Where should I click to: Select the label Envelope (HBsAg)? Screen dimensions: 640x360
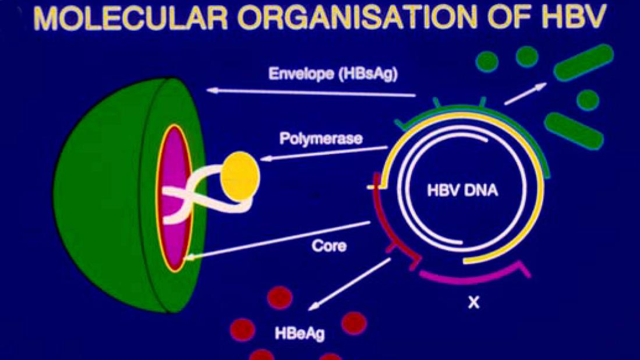(x=333, y=73)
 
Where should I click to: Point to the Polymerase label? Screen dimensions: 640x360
(x=321, y=139)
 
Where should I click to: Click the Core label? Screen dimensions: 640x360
(x=329, y=246)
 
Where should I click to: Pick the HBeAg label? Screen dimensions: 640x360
(x=300, y=333)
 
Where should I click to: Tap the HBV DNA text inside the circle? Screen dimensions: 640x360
(x=462, y=190)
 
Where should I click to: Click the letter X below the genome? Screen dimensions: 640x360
(x=473, y=302)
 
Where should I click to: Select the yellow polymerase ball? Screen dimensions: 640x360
(x=240, y=177)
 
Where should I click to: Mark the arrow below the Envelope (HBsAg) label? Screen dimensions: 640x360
(x=311, y=93)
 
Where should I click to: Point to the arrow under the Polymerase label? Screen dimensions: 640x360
(x=324, y=153)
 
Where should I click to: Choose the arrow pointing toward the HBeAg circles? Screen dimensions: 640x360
(x=349, y=284)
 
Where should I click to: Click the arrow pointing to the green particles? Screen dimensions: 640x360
(x=525, y=93)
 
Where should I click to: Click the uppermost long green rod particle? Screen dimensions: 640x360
(x=584, y=63)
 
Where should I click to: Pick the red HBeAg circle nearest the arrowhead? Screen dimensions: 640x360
(x=280, y=298)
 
